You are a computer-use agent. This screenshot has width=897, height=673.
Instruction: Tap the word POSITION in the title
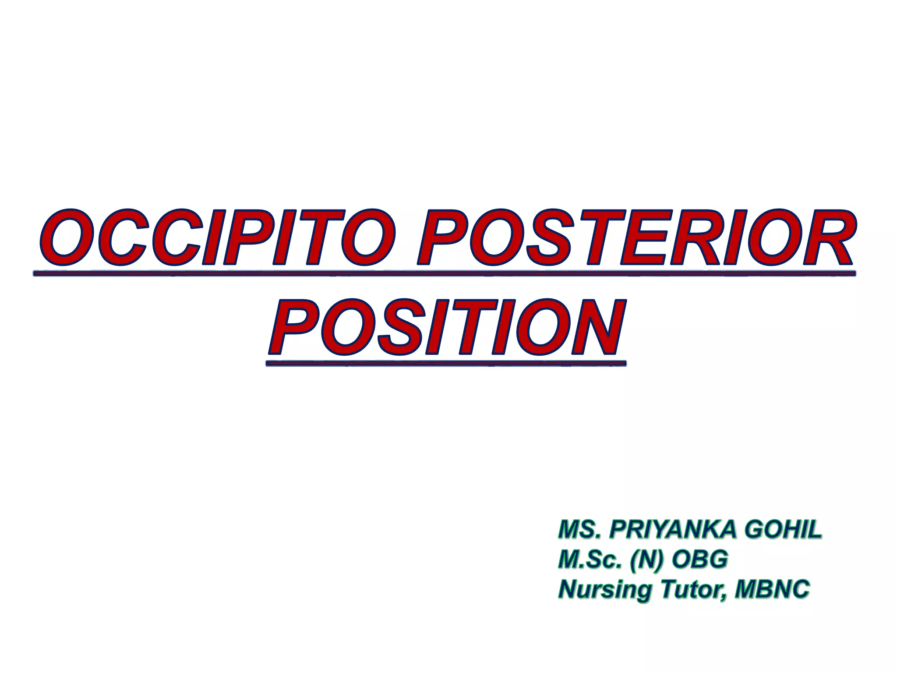point(447,328)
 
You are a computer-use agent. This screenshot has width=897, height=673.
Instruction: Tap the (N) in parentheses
point(646,560)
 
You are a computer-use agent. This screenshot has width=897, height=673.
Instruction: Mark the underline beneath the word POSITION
point(446,363)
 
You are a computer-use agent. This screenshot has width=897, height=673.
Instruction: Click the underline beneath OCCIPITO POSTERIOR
point(444,274)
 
